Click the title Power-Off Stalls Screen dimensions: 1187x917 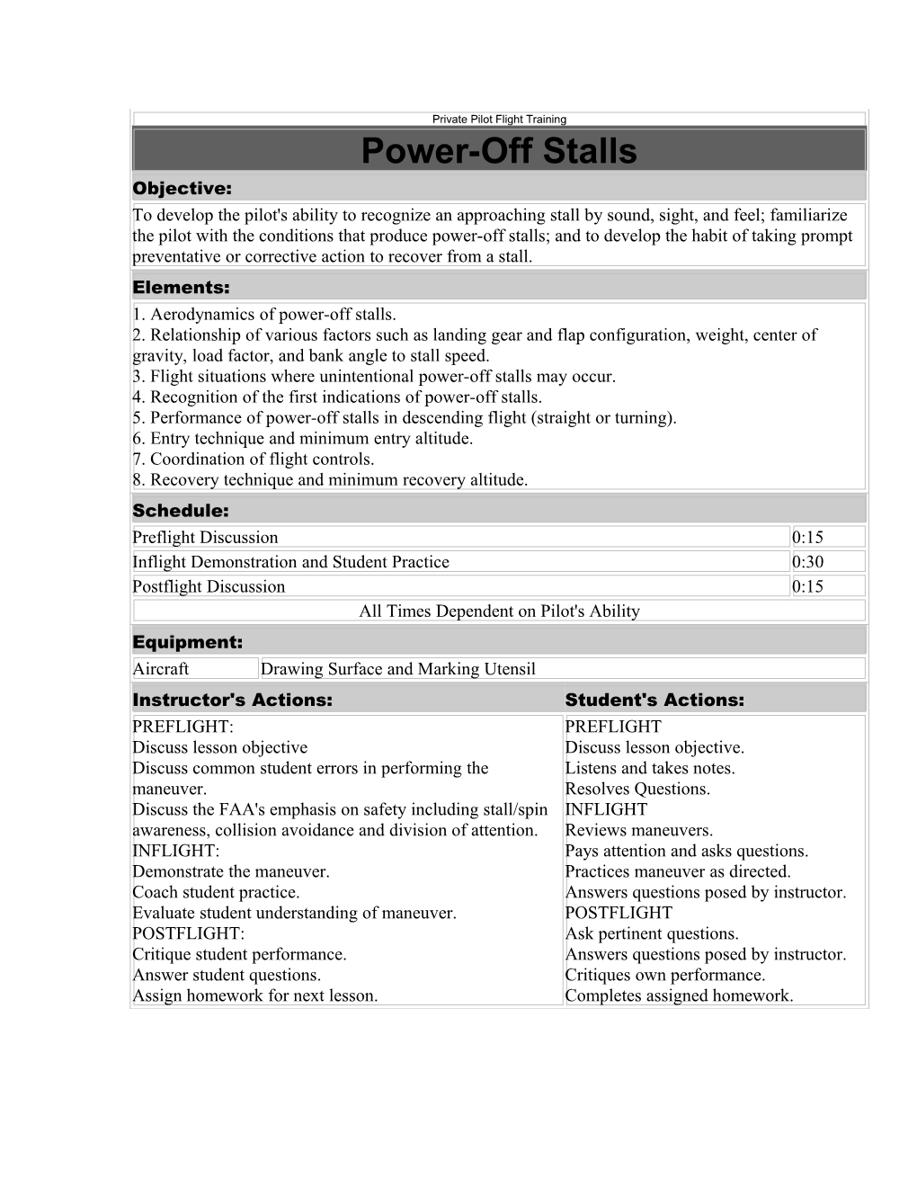click(499, 151)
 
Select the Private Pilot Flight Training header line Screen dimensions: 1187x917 click(499, 119)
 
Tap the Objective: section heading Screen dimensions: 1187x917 click(182, 189)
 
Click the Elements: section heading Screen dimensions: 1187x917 click(181, 288)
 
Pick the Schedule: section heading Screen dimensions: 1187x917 click(180, 511)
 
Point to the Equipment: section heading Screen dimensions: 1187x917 click(187, 643)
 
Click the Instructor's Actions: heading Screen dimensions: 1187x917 click(232, 700)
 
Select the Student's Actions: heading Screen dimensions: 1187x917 click(654, 700)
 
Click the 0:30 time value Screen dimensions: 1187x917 click(807, 562)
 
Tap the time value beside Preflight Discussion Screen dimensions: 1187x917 click(807, 538)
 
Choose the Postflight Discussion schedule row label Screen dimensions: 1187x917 click(209, 587)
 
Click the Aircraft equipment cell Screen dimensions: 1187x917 click(161, 669)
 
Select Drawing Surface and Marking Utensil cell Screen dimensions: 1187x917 click(397, 669)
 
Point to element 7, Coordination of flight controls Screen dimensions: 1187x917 click(253, 460)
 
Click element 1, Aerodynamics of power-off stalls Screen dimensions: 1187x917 click(263, 315)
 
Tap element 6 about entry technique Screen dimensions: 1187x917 click(302, 439)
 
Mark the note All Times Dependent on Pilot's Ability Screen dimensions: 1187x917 click(499, 611)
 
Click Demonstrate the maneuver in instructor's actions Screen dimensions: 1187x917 click(231, 871)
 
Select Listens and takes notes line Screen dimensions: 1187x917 click(649, 768)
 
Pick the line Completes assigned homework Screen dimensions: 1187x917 click(679, 995)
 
